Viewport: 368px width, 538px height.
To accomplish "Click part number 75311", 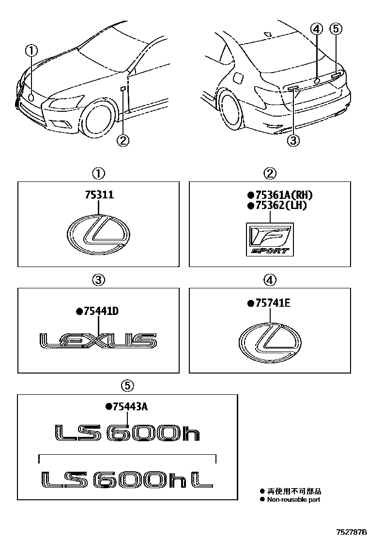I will click(x=99, y=195).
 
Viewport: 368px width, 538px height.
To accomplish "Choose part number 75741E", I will click(x=272, y=303).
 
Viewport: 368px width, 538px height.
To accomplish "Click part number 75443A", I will click(x=129, y=407).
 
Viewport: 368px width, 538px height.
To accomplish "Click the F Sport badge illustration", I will click(x=269, y=239).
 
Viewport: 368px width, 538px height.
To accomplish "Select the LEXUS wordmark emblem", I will click(x=98, y=341).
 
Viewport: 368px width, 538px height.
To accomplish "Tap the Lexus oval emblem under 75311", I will click(x=99, y=234).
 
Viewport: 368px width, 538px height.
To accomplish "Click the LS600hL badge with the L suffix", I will click(x=127, y=479).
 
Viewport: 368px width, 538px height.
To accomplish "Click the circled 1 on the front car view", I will click(x=31, y=50).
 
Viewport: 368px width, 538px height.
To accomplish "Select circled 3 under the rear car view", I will click(x=293, y=140).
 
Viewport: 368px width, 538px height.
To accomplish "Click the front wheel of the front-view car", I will click(x=99, y=118).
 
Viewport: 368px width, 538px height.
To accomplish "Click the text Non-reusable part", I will click(x=294, y=499).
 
